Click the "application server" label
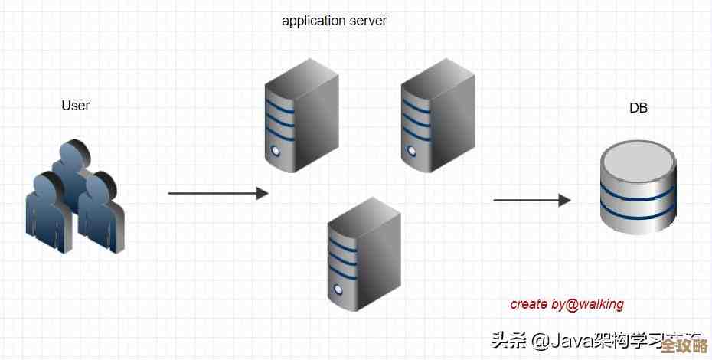click(335, 21)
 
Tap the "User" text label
click(75, 106)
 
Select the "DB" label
click(638, 108)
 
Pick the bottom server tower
click(364, 254)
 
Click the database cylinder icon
click(638, 188)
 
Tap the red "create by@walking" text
click(567, 304)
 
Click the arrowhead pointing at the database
click(565, 200)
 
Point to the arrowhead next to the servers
click(263, 193)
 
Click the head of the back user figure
click(75, 153)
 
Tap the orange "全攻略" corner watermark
click(683, 345)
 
